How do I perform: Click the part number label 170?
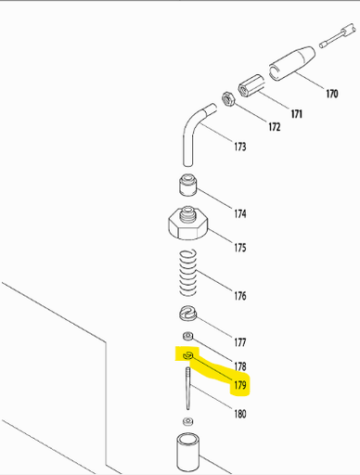pyautogui.click(x=331, y=94)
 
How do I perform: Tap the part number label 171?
pyautogui.click(x=297, y=113)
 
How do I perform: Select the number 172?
pyautogui.click(x=274, y=126)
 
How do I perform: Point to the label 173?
pyautogui.click(x=239, y=147)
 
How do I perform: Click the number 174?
pyautogui.click(x=239, y=213)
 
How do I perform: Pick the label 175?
pyautogui.click(x=239, y=248)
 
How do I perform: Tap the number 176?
pyautogui.click(x=239, y=297)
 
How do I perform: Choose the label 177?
pyautogui.click(x=239, y=342)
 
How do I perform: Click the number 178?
pyautogui.click(x=239, y=366)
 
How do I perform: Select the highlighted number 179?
pyautogui.click(x=239, y=383)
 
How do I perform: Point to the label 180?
pyautogui.click(x=239, y=414)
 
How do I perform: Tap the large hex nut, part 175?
pyautogui.click(x=188, y=224)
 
